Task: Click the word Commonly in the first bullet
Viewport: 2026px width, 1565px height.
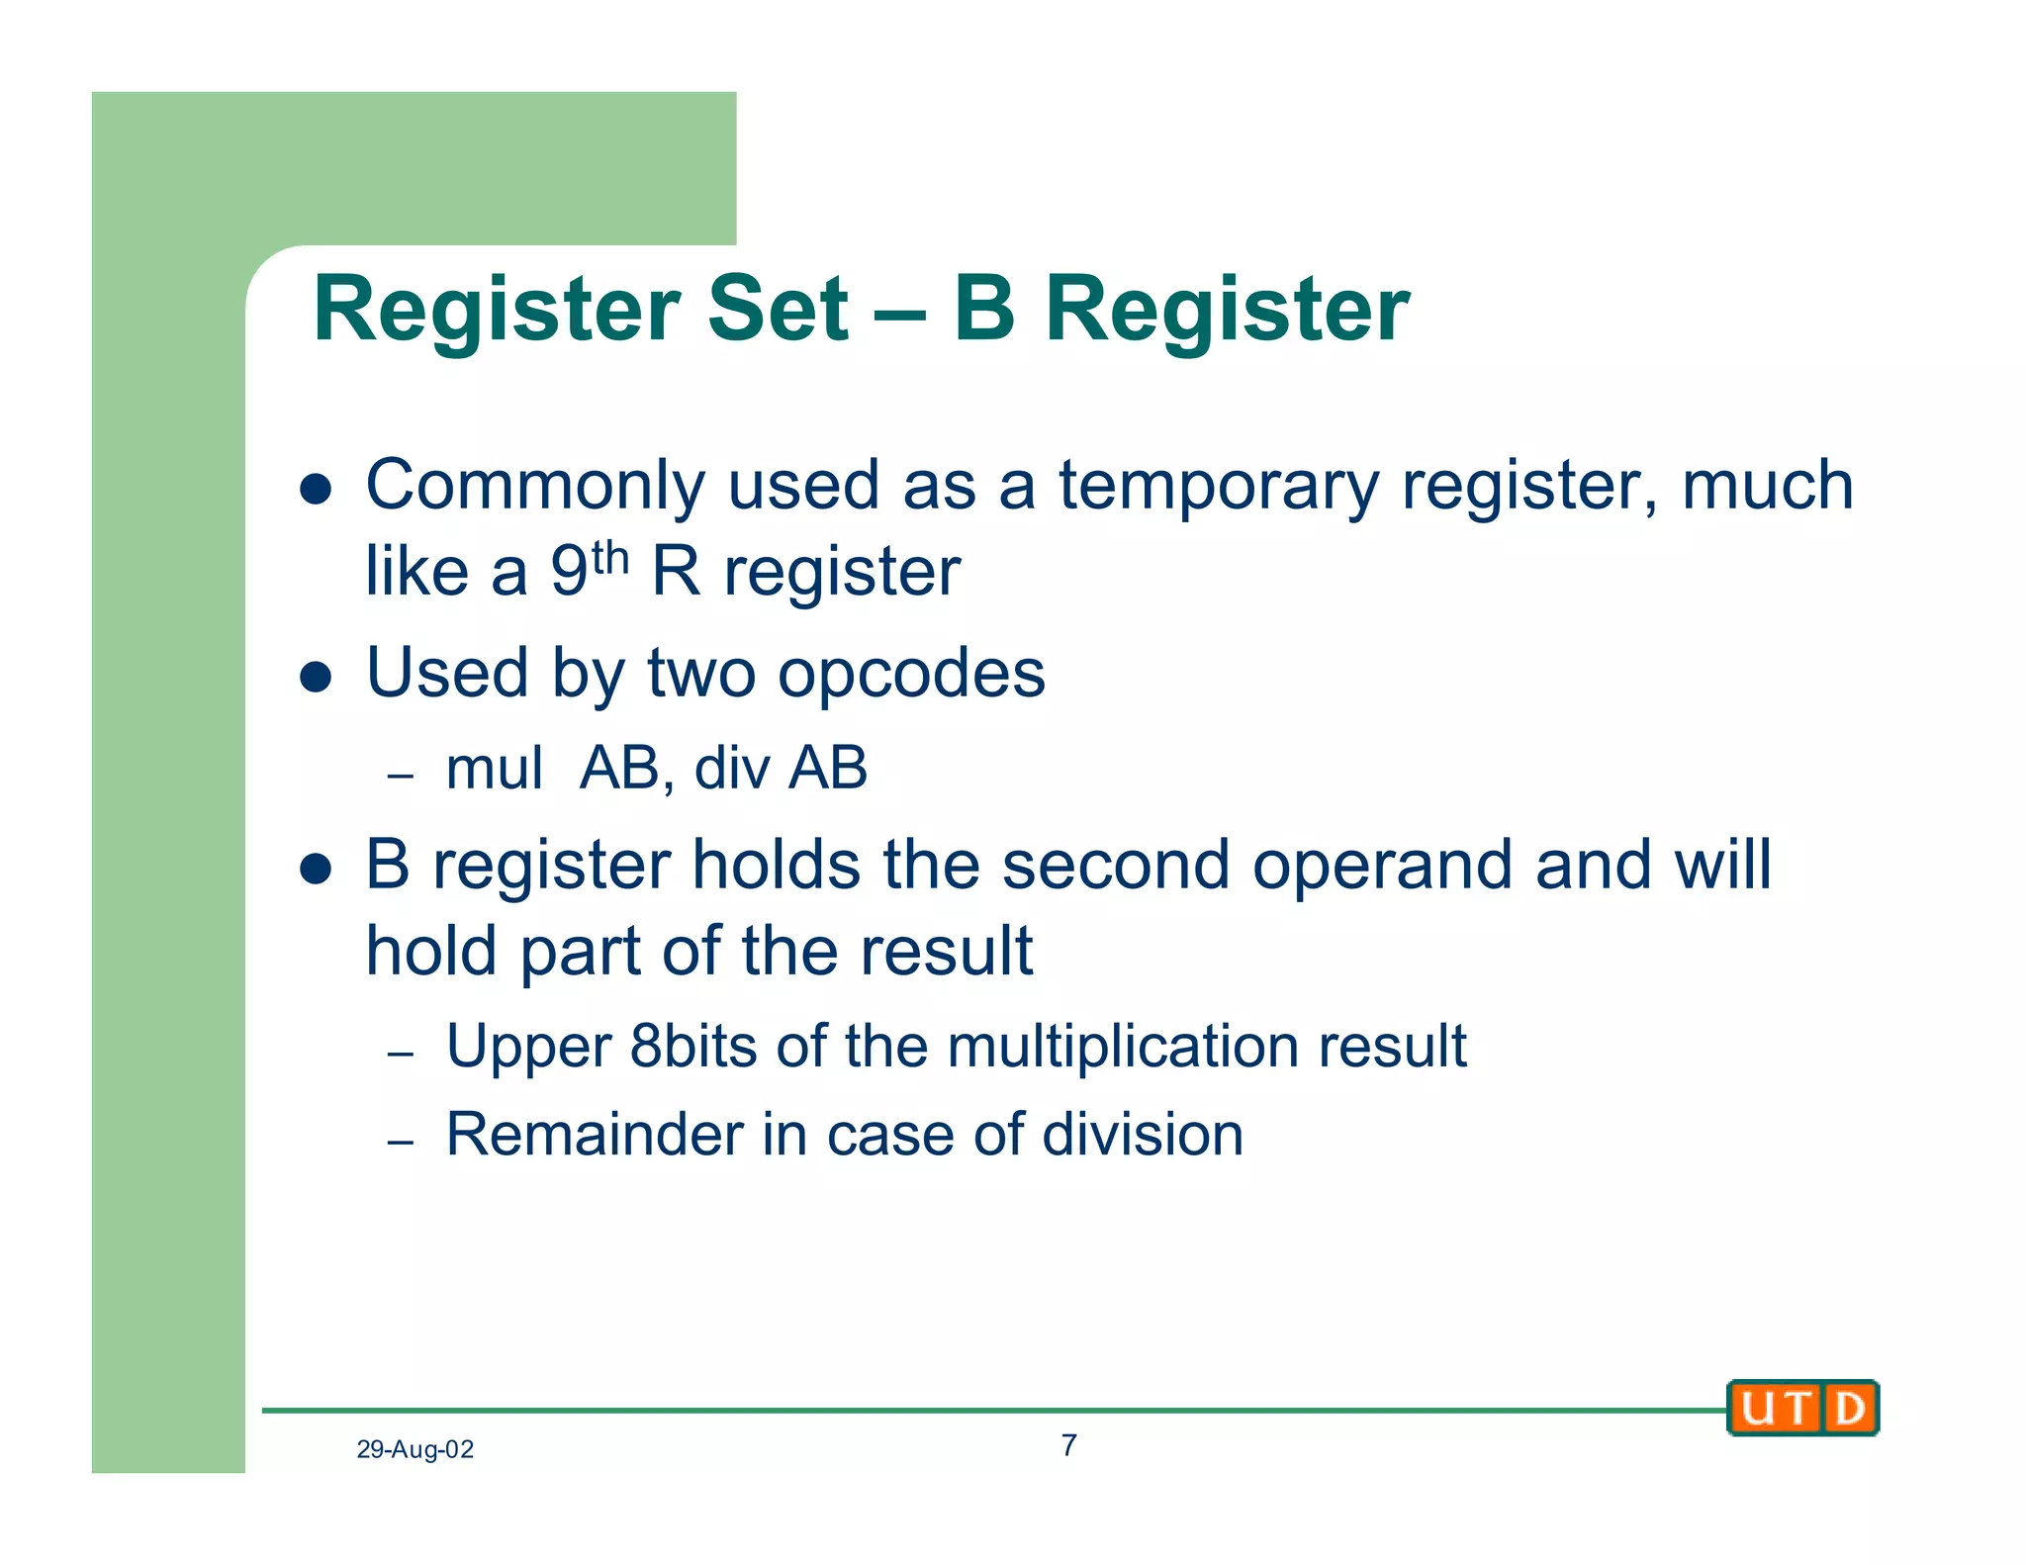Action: [x=535, y=487]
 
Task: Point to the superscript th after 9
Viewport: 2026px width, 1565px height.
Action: [x=610, y=558]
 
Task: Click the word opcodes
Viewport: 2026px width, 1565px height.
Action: [x=911, y=674]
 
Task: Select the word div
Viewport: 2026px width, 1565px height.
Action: [x=731, y=768]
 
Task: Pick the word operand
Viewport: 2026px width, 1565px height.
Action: [x=1382, y=865]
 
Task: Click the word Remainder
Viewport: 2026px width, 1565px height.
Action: [x=594, y=1134]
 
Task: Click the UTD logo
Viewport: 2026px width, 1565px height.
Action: [x=1801, y=1407]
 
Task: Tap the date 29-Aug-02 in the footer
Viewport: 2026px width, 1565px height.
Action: [x=414, y=1449]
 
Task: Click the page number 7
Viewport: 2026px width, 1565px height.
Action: [x=1068, y=1445]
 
